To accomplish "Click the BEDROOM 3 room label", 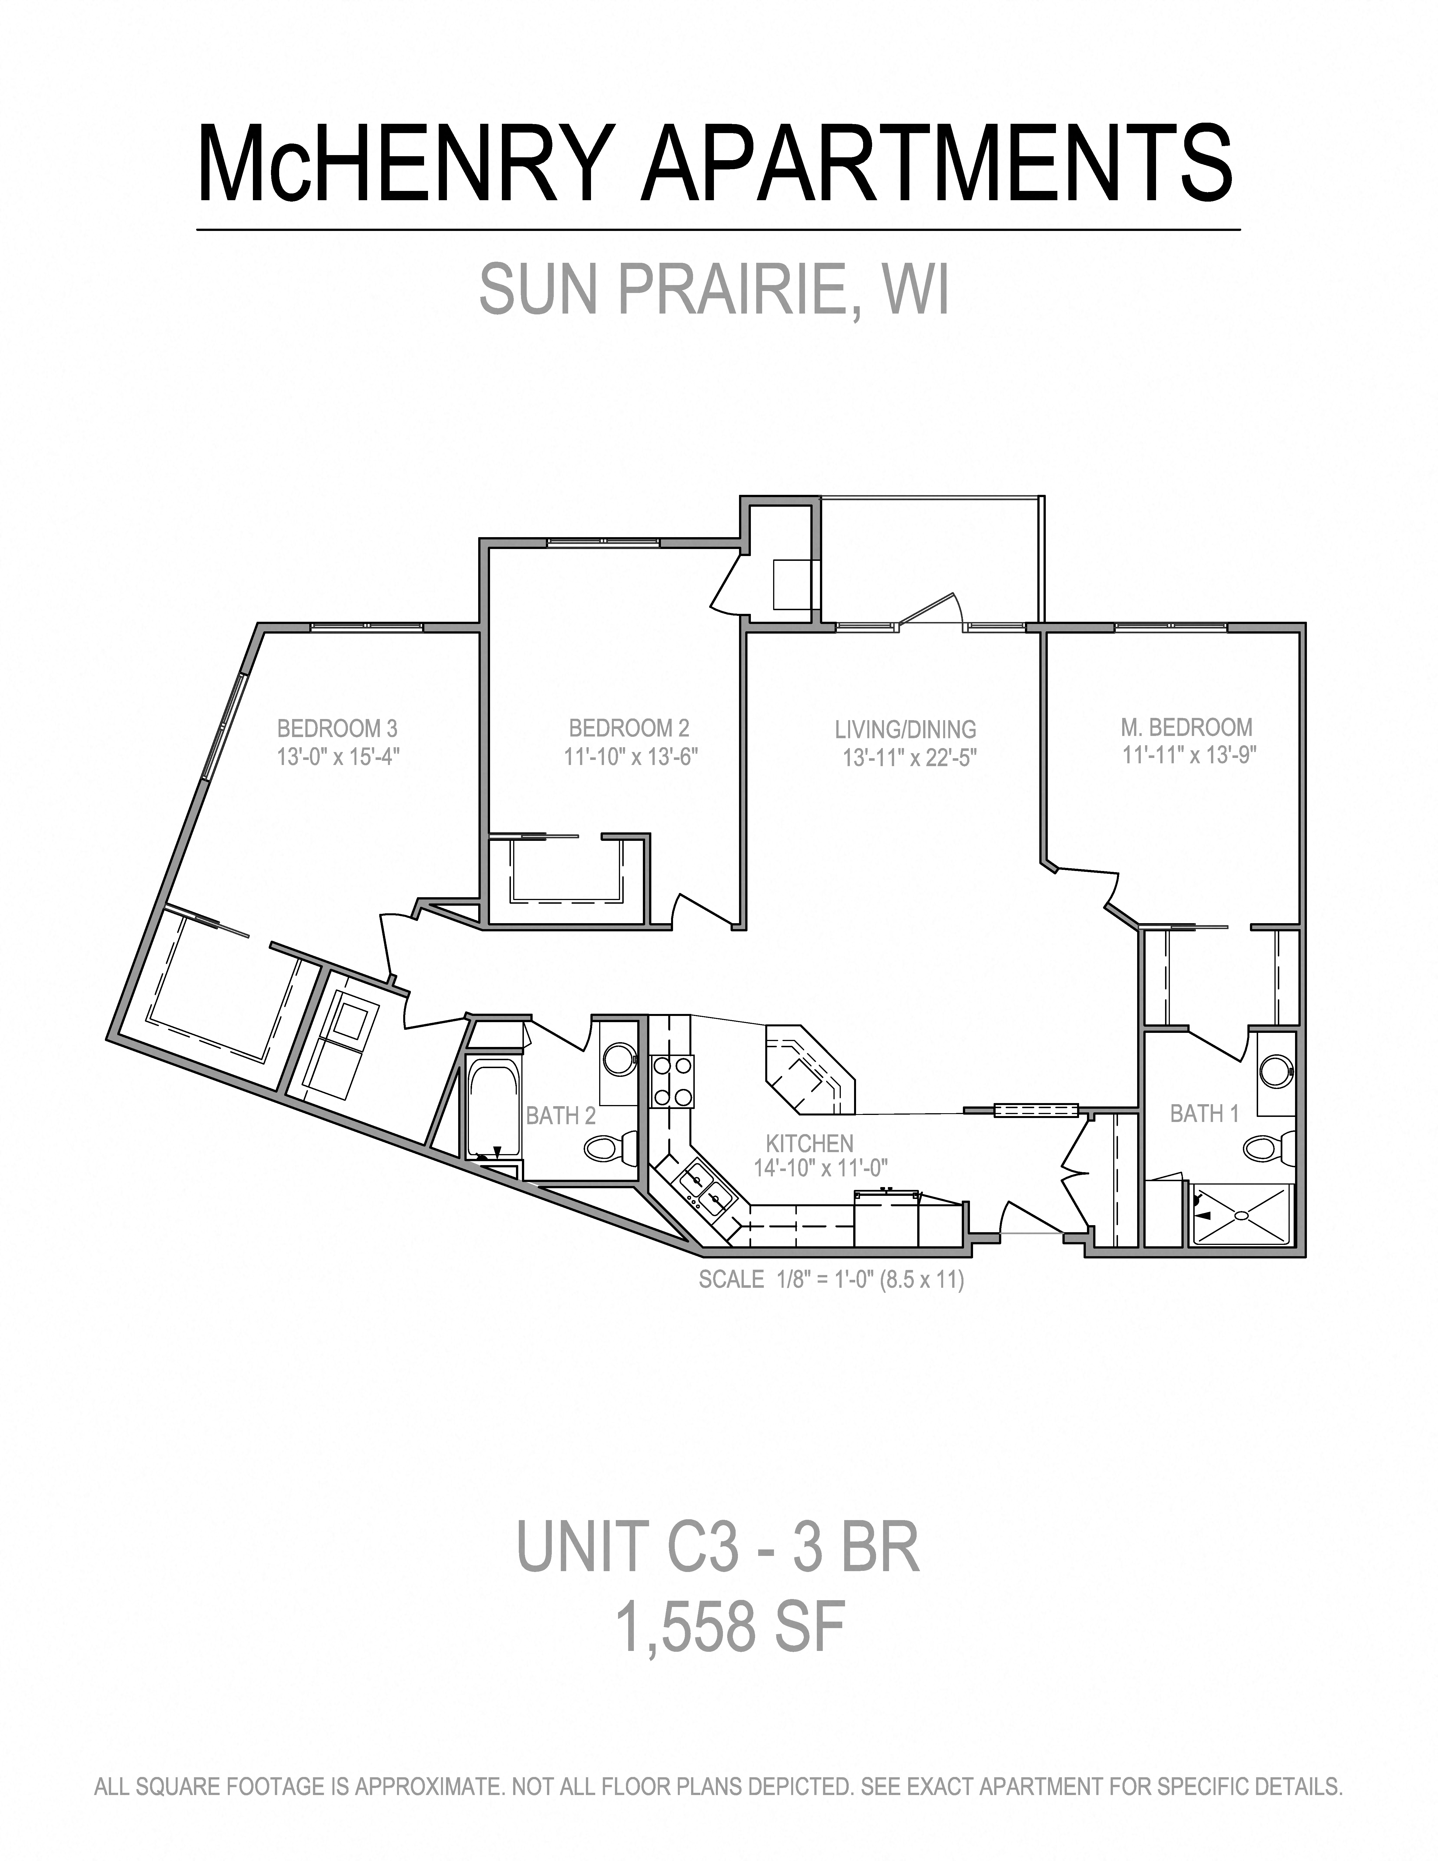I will coord(337,729).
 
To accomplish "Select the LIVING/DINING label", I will coord(906,729).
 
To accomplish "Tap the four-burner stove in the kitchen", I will coord(672,1081).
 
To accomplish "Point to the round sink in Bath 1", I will coord(1275,1071).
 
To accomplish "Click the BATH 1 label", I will coord(1204,1114).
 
